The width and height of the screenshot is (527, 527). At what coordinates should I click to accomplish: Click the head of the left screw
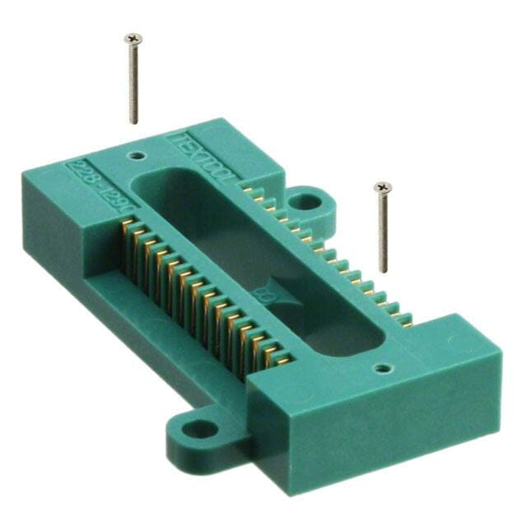coord(133,38)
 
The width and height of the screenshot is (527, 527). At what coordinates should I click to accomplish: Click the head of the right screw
coord(382,188)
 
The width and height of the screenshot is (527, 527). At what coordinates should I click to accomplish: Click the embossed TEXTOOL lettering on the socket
coord(202,156)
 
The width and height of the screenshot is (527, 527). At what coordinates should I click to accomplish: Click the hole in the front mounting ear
coord(195,429)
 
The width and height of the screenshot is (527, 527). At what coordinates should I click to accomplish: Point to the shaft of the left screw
coord(133,82)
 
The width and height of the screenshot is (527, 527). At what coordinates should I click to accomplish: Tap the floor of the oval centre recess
coord(247,247)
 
